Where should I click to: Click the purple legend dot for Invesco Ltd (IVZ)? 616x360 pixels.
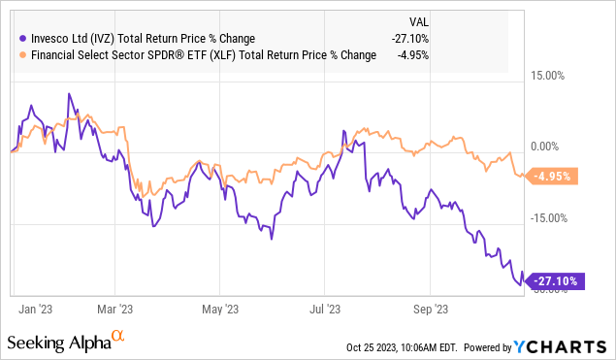click(x=23, y=38)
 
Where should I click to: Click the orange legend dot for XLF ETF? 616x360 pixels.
click(x=23, y=54)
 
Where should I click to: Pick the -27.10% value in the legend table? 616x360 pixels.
click(x=408, y=38)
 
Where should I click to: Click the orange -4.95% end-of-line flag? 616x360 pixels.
click(x=553, y=177)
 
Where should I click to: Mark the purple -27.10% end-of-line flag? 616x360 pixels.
click(x=554, y=281)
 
